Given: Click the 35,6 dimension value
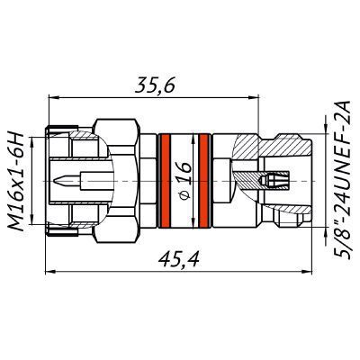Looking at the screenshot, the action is point(155,86).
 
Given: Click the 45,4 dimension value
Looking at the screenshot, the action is point(179,259).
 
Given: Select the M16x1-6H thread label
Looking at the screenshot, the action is point(15,181).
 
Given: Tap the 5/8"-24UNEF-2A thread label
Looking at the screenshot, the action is point(343,179).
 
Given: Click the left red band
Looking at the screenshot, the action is point(165,181).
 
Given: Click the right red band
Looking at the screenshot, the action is point(204,181).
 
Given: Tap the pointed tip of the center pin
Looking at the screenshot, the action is point(54,181).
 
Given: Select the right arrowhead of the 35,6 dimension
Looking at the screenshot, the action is point(254,97).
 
